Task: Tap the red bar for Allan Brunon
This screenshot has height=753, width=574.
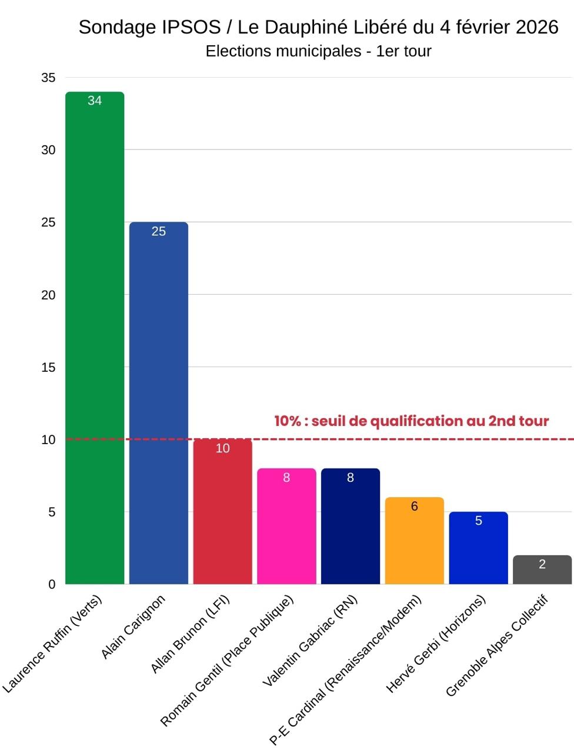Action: (222, 512)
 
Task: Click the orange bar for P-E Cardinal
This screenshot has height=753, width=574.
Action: (415, 541)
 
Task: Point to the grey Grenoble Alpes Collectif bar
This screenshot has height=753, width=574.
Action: (542, 570)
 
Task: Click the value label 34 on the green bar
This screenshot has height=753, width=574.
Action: (95, 101)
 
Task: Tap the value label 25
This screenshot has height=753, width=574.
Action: (159, 231)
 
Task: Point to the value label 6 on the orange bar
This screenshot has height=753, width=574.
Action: (415, 507)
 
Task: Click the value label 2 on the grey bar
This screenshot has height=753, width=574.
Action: (542, 564)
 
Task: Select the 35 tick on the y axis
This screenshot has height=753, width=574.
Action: (48, 78)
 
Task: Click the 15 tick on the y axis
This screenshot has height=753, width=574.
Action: (48, 367)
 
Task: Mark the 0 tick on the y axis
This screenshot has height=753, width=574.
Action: (52, 584)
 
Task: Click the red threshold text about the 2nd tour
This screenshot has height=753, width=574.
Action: (411, 421)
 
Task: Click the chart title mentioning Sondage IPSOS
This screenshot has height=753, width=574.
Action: (318, 27)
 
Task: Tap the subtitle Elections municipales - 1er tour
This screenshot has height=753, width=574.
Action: (318, 51)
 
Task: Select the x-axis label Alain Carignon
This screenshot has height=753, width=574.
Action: (134, 627)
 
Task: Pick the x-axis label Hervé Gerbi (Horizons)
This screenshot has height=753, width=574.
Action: (436, 644)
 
